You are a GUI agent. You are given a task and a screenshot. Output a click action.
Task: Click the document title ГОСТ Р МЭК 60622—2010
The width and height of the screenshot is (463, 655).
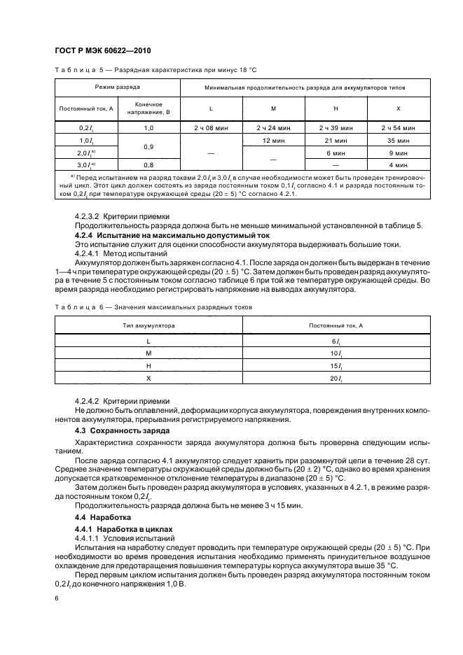coord(102,52)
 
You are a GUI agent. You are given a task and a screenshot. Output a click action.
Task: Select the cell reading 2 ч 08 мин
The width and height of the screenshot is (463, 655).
coord(211,128)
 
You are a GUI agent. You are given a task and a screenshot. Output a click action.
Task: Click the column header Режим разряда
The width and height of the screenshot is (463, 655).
coord(118,88)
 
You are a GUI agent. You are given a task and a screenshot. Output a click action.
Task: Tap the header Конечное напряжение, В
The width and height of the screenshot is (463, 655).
coord(148,108)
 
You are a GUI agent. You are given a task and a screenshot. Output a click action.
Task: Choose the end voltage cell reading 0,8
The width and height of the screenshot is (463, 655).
coord(148,164)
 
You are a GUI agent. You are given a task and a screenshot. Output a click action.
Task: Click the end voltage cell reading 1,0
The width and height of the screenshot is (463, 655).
coord(148,128)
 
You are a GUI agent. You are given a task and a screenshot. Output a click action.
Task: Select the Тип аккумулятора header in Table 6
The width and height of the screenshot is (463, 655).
coord(149,325)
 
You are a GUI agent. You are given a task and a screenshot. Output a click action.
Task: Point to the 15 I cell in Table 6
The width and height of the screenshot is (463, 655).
coord(336,365)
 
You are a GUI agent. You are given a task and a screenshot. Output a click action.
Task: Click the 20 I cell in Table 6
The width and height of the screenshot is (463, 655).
coord(336,378)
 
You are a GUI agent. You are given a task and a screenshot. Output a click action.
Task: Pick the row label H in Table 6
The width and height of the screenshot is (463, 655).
coord(149,365)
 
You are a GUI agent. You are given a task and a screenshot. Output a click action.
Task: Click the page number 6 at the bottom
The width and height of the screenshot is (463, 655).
coord(57,599)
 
